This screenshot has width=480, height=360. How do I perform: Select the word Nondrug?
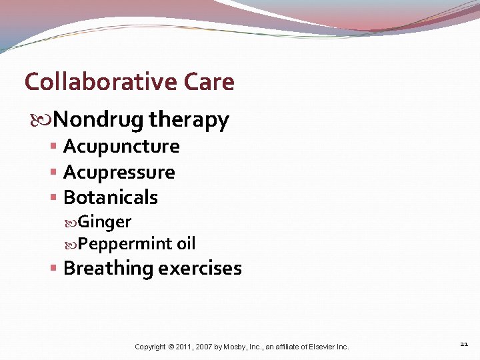point(98,120)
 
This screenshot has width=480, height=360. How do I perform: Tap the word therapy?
point(189,121)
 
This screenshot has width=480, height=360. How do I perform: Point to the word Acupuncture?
point(121,147)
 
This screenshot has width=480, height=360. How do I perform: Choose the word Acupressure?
point(119,173)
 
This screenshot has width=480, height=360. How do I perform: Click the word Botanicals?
point(111,197)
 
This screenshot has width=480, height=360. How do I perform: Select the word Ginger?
point(105,222)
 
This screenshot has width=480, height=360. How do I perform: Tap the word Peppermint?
point(125,244)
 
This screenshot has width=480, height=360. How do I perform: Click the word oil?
point(186,243)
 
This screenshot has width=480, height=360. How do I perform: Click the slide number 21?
point(464,344)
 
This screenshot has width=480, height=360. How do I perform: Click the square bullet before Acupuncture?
point(53,147)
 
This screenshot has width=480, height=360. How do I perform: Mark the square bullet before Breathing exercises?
point(53,268)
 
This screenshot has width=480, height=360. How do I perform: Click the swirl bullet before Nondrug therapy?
point(45,121)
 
